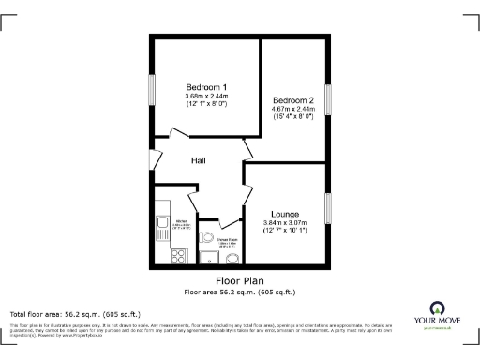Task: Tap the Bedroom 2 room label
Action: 292,100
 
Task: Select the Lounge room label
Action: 285,214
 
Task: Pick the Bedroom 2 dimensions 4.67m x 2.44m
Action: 292,110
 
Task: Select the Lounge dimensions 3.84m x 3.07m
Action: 285,222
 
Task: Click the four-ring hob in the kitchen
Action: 174,253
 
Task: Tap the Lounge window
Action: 327,210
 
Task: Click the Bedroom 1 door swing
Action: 178,131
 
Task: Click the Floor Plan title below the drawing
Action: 240,280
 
